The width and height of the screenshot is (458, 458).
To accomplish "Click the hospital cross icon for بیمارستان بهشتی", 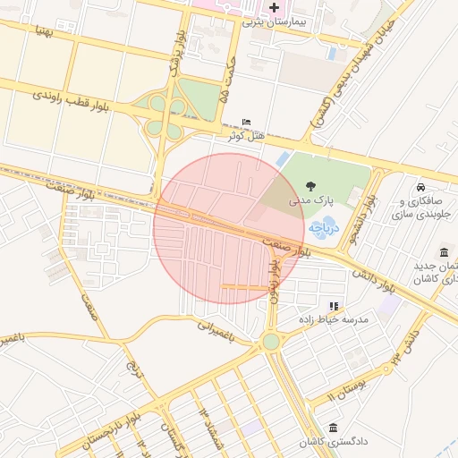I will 274,7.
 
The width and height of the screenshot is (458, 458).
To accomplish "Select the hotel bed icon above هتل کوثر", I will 247,123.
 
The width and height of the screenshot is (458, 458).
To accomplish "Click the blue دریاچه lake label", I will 324,227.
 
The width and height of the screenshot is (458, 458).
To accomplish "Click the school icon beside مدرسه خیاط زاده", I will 334,306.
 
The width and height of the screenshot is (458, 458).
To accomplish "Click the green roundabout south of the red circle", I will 271,342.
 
